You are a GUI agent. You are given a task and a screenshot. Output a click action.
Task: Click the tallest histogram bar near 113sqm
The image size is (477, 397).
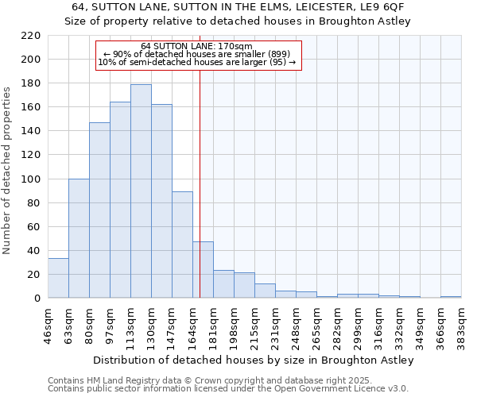click(141, 191)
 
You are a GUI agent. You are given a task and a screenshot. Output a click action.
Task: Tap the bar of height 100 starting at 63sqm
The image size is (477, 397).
click(79, 238)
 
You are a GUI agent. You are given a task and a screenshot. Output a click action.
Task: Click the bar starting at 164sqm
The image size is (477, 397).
click(203, 270)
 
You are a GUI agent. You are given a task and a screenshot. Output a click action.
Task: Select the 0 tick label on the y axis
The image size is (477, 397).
click(37, 299)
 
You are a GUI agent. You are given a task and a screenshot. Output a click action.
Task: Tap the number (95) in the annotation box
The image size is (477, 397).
click(277, 62)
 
